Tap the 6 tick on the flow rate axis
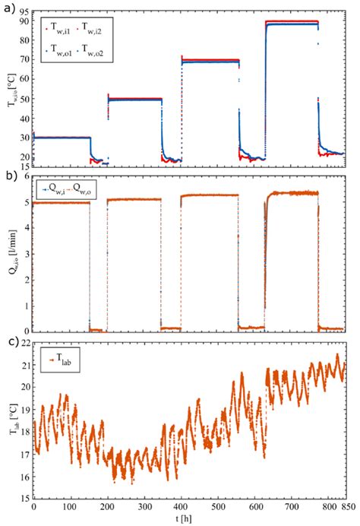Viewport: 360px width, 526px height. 26,176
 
